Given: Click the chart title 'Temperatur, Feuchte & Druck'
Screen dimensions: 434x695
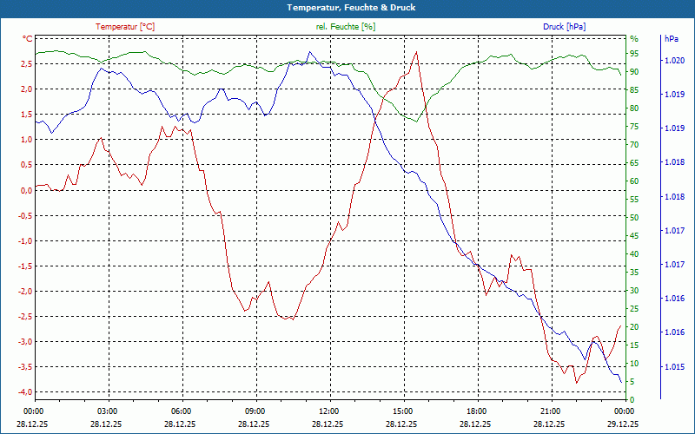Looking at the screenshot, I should tap(347, 8).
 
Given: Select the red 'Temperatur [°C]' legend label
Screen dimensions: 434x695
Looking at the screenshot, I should tap(125, 27).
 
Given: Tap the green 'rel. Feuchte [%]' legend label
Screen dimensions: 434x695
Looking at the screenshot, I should tap(346, 27).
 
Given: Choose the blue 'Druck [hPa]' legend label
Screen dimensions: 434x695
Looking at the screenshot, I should tap(564, 27).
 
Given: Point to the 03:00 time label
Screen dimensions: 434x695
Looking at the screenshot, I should tap(108, 411).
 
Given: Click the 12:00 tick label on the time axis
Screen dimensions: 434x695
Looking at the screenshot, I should tap(329, 411).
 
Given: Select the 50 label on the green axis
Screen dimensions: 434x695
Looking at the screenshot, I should tap(634, 218).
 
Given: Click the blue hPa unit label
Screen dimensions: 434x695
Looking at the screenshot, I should tap(671, 39).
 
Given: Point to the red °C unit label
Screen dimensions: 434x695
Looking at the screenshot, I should tap(27, 39).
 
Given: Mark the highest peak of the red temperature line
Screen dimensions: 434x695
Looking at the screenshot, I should tap(417, 52).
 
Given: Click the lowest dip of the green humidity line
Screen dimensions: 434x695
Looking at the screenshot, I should tap(416, 121).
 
